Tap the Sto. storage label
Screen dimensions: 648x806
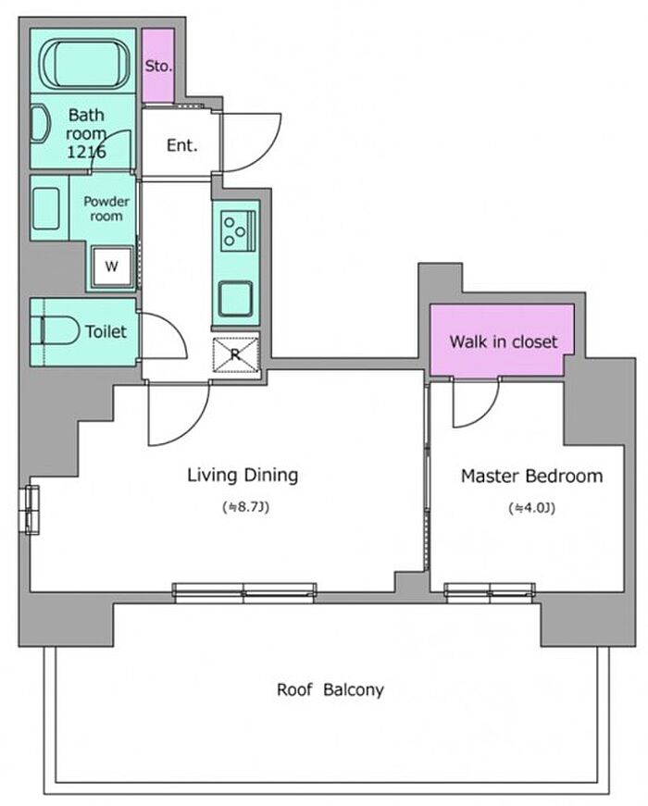click(x=158, y=66)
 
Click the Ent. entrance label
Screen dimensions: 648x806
click(x=182, y=145)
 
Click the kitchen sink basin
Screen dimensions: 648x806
click(x=235, y=299)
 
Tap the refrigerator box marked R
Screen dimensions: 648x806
click(x=235, y=354)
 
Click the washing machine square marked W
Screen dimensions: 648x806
click(x=112, y=267)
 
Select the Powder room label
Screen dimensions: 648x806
click(x=106, y=209)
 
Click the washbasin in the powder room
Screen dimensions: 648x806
click(x=46, y=208)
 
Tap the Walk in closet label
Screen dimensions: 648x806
click(x=504, y=341)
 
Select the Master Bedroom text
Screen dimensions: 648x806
click(x=531, y=476)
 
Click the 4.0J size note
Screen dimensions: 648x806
click(x=531, y=508)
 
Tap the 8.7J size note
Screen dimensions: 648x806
click(x=246, y=507)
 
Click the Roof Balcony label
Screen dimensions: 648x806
click(x=330, y=689)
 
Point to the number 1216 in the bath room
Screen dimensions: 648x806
click(x=86, y=152)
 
